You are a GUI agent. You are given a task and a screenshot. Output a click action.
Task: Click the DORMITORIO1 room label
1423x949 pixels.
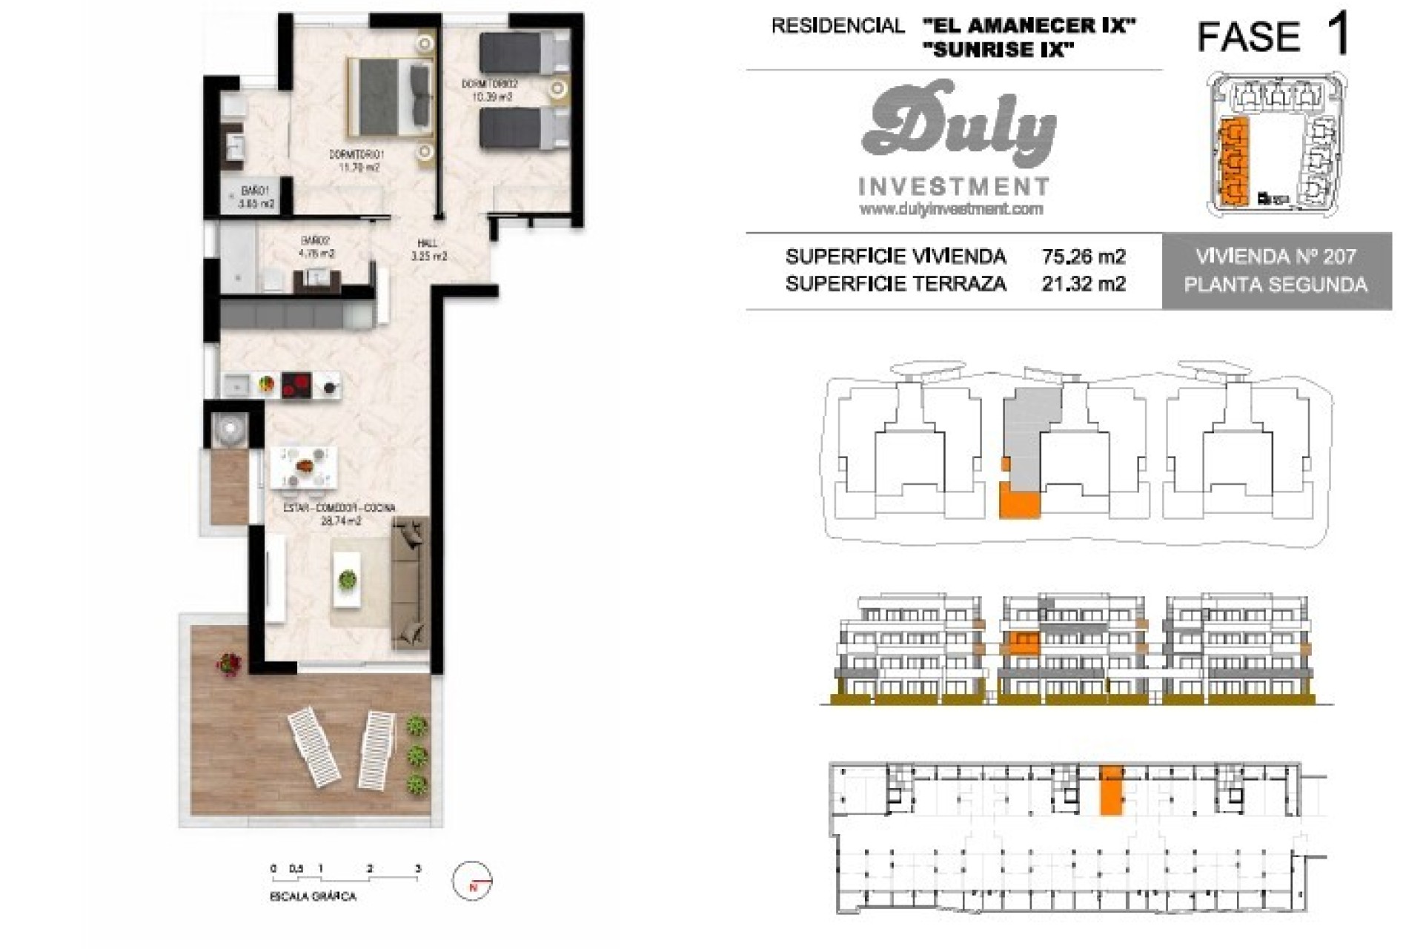point(357,155)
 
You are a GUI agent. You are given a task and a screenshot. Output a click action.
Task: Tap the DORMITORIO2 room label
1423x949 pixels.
point(489,85)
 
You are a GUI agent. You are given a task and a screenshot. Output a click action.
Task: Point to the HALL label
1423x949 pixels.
point(428,243)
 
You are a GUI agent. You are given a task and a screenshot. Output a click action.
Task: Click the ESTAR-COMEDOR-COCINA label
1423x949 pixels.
point(339,508)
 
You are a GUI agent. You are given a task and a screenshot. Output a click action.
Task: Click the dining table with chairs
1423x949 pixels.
point(304,467)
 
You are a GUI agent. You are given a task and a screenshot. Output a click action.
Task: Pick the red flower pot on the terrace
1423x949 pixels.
point(229,663)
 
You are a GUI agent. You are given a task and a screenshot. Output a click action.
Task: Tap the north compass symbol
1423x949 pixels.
point(472,882)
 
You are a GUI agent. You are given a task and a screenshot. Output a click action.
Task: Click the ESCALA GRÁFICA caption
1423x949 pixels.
point(313,896)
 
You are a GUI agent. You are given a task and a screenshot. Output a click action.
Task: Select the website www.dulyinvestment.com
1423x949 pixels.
point(951,210)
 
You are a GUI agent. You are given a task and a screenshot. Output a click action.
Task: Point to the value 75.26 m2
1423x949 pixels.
point(1083,257)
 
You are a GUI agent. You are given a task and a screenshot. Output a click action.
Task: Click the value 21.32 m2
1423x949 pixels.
point(1083,283)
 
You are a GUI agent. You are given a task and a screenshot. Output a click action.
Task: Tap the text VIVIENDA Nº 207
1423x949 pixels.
point(1276,257)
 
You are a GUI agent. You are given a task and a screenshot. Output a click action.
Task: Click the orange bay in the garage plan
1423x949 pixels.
point(1110,790)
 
